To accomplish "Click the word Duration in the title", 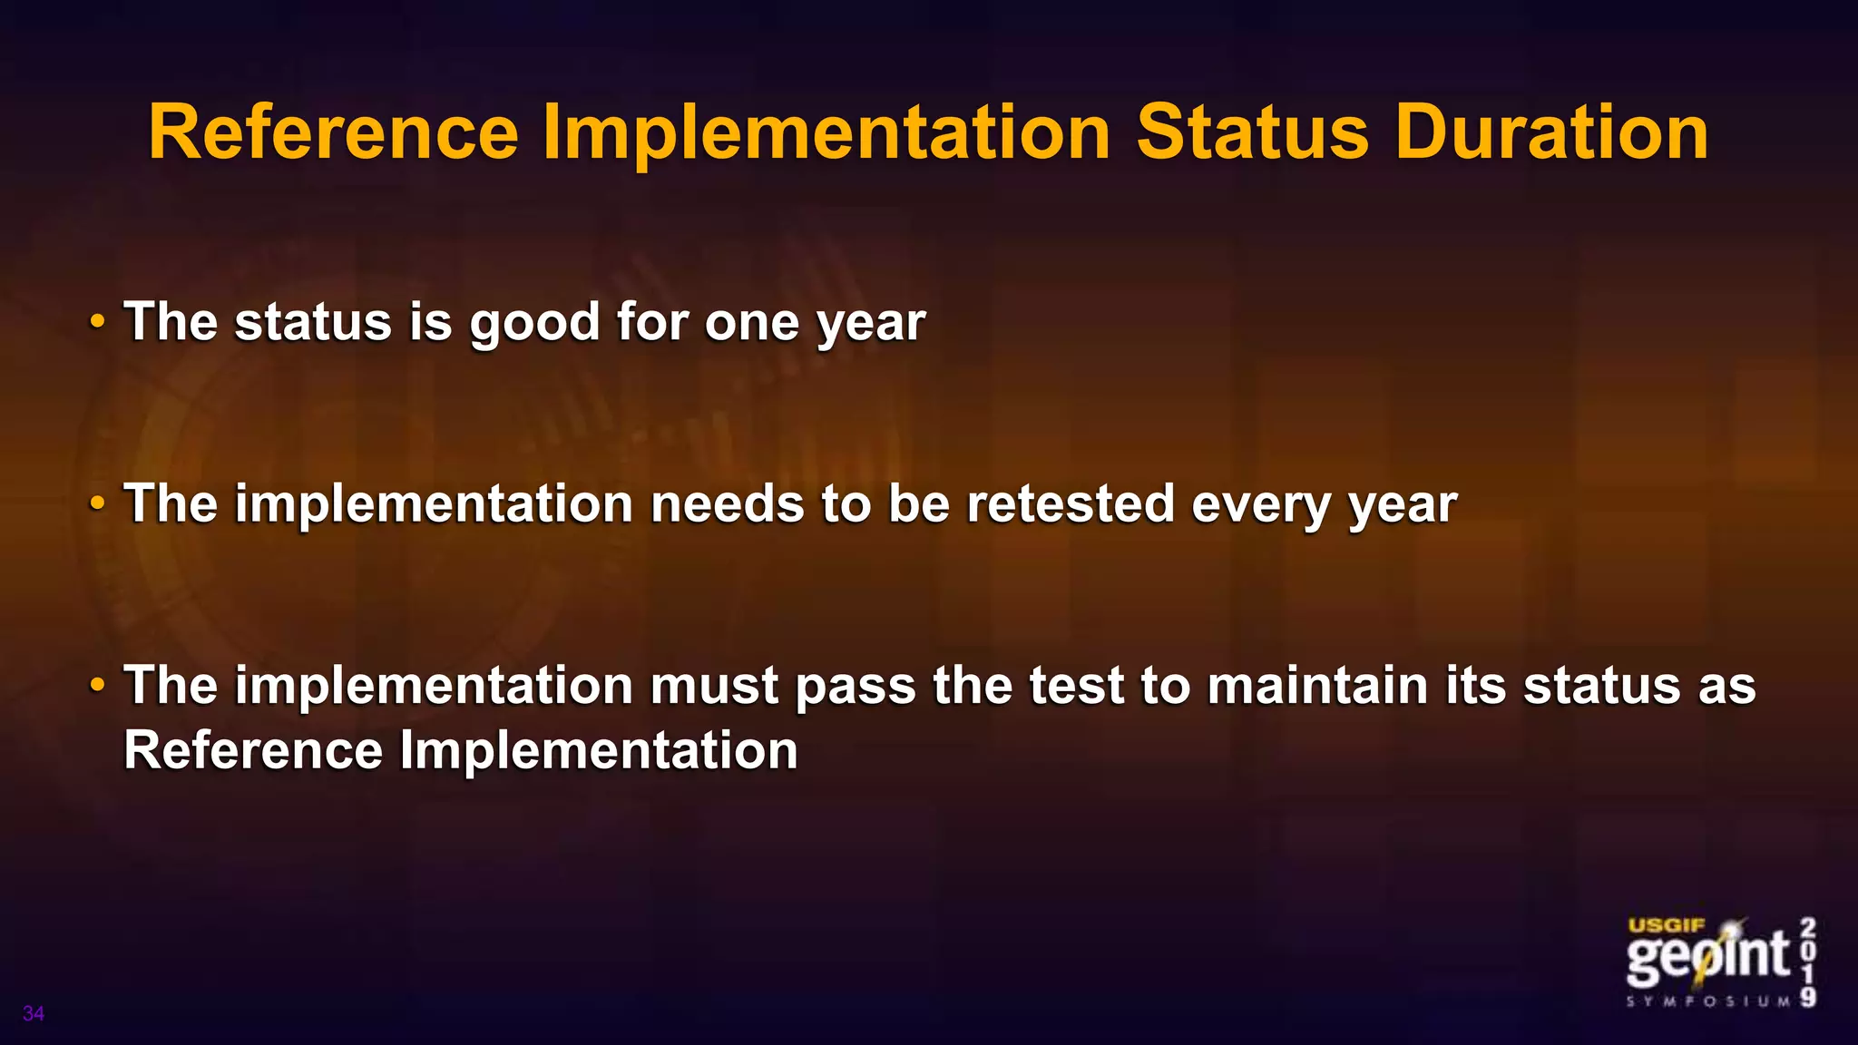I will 1551,132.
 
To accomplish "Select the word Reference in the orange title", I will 333,132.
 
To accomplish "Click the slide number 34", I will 34,1013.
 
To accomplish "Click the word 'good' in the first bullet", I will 534,323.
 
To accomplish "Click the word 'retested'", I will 1071,503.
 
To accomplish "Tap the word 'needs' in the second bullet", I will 727,503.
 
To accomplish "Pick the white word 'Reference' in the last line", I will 253,750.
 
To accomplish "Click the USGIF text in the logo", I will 1667,926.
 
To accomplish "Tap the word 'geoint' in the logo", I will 1707,957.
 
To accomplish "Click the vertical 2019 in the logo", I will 1808,962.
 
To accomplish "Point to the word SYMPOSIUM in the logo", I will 1708,1001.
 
